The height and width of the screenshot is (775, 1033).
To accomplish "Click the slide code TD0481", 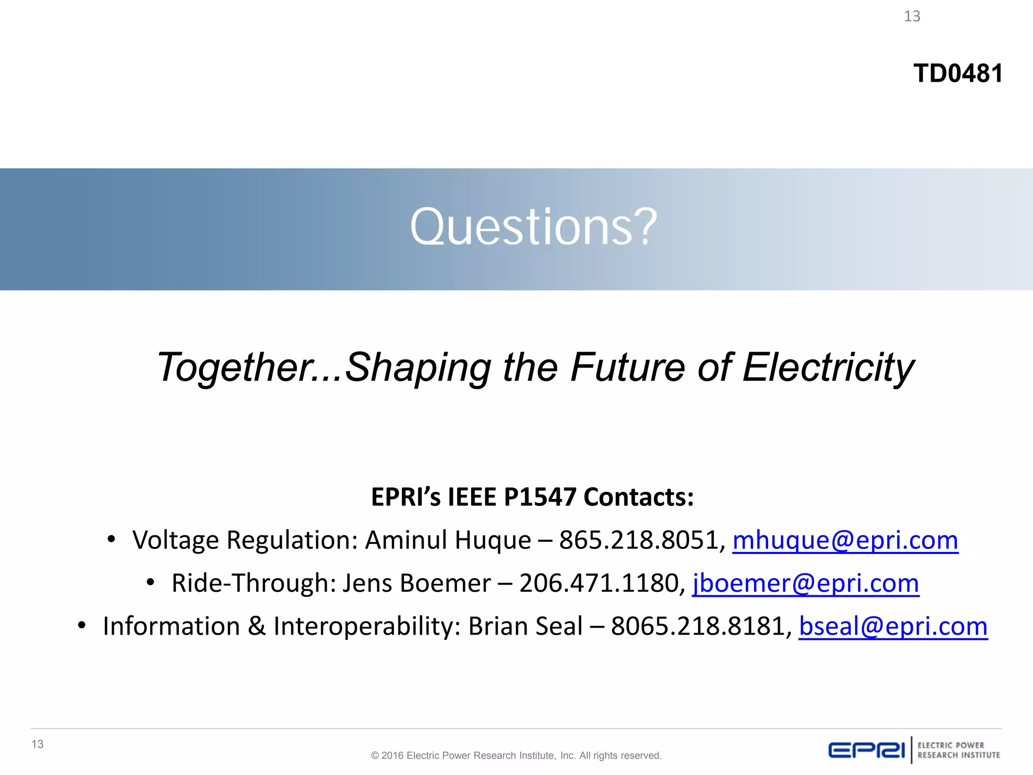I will [957, 74].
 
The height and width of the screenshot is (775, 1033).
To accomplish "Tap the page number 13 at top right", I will [912, 17].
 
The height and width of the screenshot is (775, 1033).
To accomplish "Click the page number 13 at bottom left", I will [37, 744].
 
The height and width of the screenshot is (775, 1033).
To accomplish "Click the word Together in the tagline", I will [232, 367].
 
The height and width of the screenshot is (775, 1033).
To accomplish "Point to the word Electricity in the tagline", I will [828, 367].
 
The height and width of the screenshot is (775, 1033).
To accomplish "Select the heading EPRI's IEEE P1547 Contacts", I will [532, 497].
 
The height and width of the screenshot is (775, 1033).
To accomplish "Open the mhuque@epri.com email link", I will [845, 540].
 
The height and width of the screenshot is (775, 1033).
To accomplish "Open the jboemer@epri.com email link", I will [805, 583].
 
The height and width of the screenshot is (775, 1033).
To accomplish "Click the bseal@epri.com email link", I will [893, 626].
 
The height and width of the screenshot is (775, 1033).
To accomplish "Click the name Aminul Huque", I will [448, 540].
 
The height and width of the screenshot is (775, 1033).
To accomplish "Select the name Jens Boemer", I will [417, 583].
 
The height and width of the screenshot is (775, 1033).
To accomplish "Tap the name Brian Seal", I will [525, 626].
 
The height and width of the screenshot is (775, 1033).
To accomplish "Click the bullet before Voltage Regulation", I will [111, 540].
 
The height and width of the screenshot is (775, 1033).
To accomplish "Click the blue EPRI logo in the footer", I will [866, 750].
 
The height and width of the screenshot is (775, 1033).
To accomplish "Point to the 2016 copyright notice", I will [516, 756].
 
